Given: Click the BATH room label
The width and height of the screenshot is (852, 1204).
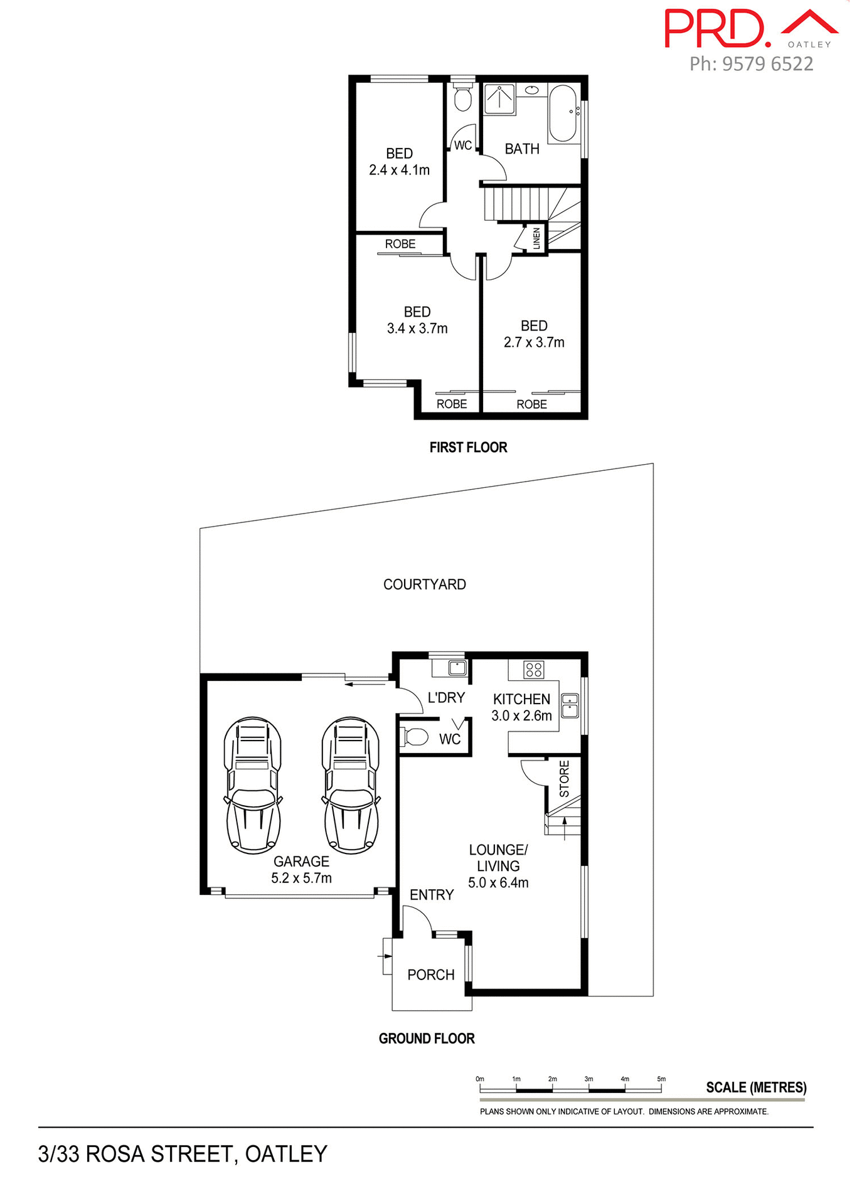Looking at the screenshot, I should pos(522,149).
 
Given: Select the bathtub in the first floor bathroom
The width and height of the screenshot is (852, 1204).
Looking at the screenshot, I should pos(563,114).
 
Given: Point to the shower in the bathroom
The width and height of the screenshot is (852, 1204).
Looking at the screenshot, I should pos(499,99).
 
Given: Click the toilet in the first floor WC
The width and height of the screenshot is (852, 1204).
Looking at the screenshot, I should pos(463,98).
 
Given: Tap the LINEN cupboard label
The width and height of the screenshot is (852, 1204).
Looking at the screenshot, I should pos(536,238).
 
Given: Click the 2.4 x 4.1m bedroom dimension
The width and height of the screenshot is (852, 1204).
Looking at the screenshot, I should pos(399,170).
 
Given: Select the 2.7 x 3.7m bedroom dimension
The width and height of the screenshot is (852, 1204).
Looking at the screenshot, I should pos(534,342).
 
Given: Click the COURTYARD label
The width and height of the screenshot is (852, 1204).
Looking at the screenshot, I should pos(424,584).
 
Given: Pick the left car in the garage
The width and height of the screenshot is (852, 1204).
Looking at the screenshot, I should pos(253,785).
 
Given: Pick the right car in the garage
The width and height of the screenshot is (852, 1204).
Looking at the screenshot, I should pos(351,785).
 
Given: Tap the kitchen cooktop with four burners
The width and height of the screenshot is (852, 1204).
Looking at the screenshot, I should pos(534,670).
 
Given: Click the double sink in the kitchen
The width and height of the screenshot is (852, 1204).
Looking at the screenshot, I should pos(570,705).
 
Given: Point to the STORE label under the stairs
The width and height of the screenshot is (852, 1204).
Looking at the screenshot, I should pos(564,778).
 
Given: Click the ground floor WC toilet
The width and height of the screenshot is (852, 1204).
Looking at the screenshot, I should pos(415,737).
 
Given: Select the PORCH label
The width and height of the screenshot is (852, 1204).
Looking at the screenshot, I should pos(430,974).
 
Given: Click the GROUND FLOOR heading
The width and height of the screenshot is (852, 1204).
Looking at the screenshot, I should pos(427,1038).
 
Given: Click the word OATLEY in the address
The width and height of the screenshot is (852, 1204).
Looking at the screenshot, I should pos(286,1154).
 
